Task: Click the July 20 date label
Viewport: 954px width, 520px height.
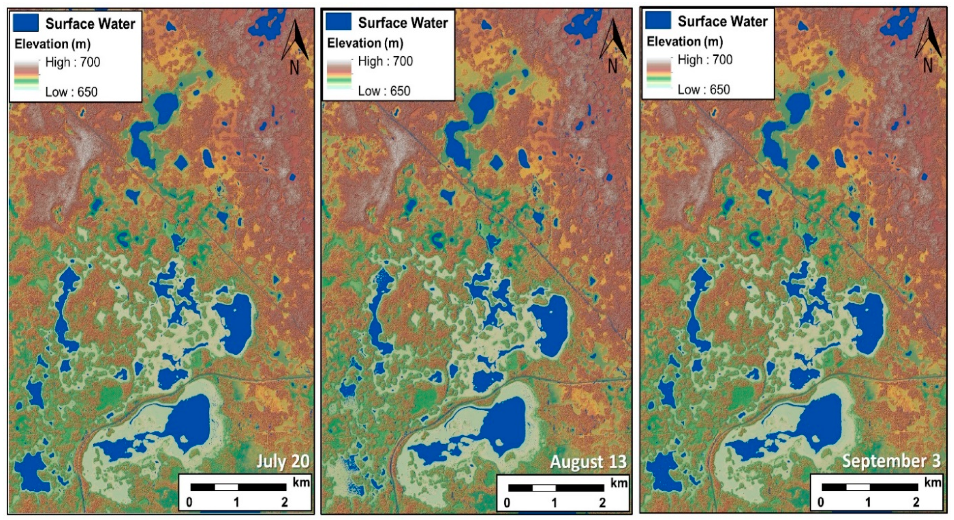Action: [x=283, y=461]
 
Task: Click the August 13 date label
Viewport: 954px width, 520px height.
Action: [x=588, y=461]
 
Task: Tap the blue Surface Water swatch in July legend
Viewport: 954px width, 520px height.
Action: [x=26, y=23]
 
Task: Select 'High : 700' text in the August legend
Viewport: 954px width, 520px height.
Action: [x=385, y=61]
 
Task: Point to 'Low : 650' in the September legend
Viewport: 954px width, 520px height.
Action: [x=704, y=90]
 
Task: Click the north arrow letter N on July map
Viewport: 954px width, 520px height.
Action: [x=295, y=68]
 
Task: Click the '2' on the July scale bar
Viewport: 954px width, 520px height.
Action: [x=285, y=502]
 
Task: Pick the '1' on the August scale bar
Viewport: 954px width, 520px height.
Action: [x=554, y=502]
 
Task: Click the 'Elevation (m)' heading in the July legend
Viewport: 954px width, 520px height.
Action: [x=52, y=44]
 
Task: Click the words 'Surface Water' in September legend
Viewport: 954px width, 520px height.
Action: [x=722, y=21]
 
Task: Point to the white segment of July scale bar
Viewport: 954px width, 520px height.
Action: [x=226, y=487]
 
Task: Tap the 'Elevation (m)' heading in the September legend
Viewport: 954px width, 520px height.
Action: [x=685, y=42]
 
